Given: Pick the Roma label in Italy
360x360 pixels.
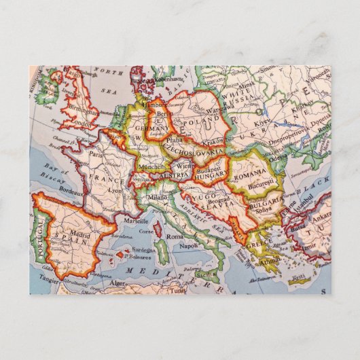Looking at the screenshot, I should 175,236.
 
